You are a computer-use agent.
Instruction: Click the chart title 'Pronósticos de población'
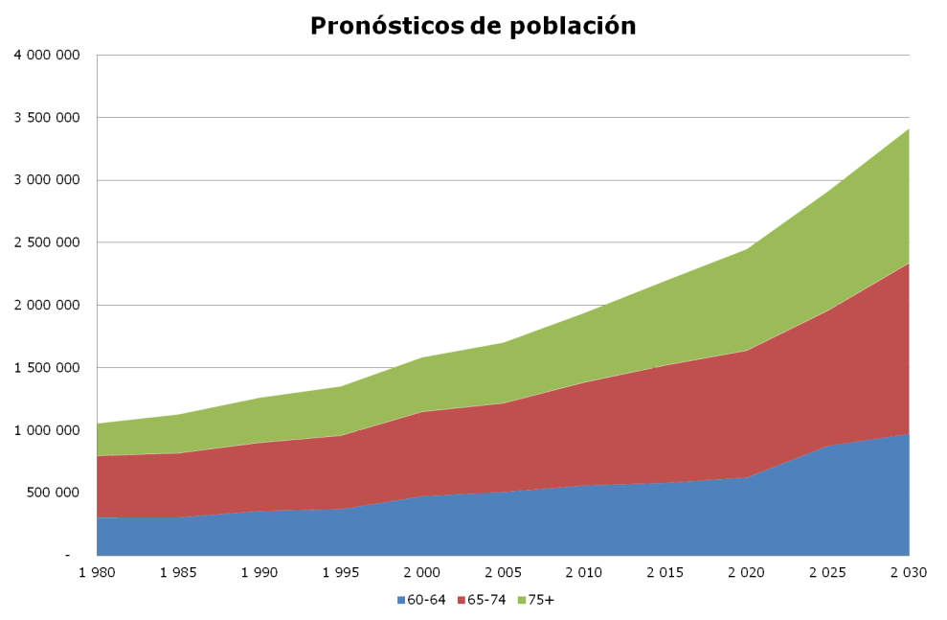[473, 26]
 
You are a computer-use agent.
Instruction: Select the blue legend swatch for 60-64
[402, 600]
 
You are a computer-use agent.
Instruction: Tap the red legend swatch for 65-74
[462, 600]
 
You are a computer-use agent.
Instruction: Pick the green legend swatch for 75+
[522, 600]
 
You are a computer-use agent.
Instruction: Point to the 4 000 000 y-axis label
[45, 55]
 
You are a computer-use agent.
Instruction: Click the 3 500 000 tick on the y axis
[45, 117]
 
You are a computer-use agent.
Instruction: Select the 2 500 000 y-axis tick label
[45, 242]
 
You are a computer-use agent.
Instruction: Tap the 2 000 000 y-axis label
[45, 305]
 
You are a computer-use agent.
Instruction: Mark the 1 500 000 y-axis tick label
[45, 367]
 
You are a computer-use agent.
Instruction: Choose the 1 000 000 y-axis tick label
[45, 430]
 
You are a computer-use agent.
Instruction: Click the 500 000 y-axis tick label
[51, 493]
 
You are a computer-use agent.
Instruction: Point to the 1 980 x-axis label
[97, 573]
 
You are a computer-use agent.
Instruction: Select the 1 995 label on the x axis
[340, 573]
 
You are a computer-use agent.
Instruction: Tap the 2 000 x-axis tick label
[421, 573]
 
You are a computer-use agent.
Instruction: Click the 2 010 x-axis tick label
[583, 573]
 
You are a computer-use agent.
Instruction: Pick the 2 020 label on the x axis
[746, 573]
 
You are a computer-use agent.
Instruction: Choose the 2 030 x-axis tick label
[908, 573]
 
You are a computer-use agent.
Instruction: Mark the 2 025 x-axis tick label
[827, 573]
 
